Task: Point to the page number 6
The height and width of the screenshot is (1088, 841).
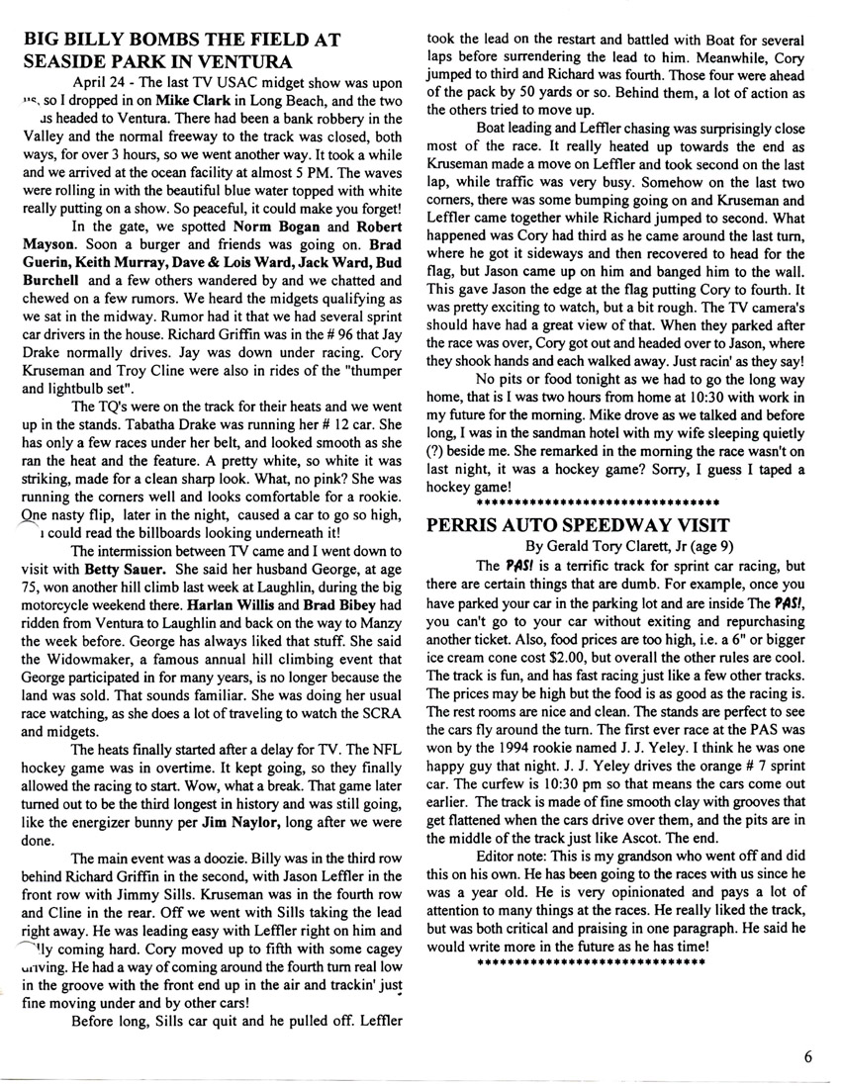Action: tap(808, 1055)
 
